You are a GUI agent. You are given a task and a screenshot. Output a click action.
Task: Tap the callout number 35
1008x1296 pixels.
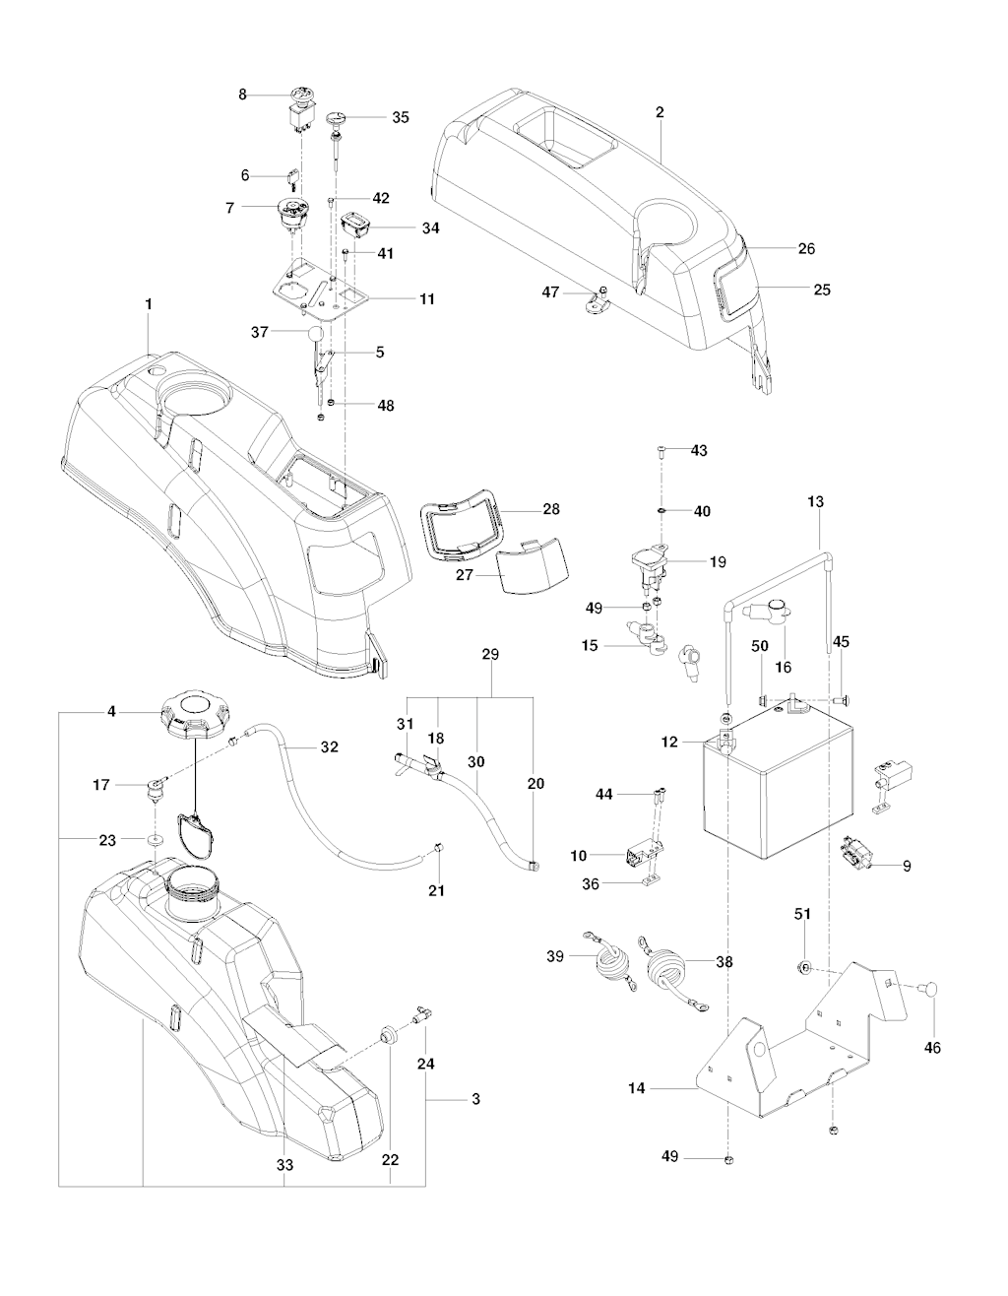[400, 117]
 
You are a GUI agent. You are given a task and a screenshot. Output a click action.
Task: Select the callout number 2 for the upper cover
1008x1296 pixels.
[659, 112]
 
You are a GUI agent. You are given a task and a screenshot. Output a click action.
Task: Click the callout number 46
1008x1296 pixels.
[931, 1048]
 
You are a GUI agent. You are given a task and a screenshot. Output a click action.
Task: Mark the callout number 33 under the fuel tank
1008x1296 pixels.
[283, 1165]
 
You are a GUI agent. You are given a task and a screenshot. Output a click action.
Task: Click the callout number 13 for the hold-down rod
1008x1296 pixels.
[816, 501]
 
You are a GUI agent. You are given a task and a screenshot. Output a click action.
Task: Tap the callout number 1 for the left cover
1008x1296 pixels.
[149, 304]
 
